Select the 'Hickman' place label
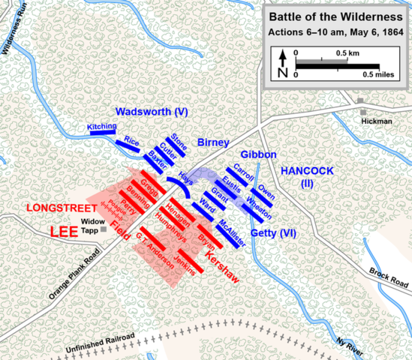point(374,120)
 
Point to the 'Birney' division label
point(212,142)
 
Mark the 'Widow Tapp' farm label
point(94,226)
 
